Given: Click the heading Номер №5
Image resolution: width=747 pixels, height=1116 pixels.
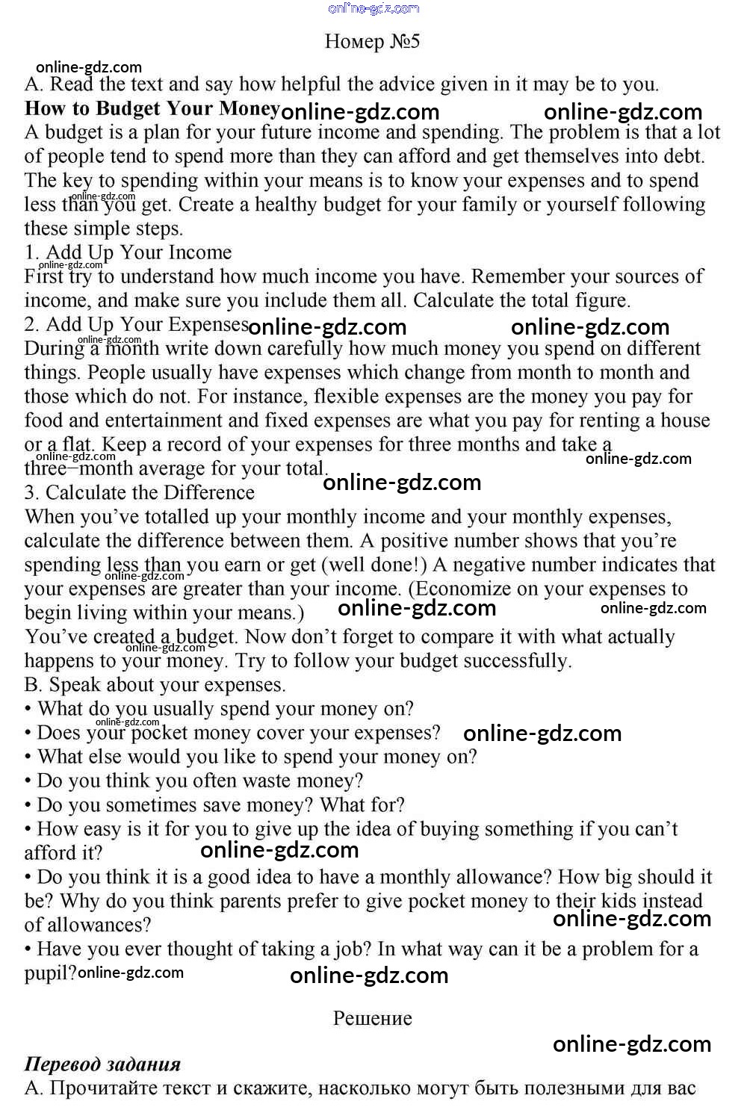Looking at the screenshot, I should tap(372, 41).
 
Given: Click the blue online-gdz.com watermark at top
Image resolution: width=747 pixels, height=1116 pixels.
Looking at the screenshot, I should tap(373, 8).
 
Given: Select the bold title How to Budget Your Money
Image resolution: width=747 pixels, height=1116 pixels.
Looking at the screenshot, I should tap(152, 108).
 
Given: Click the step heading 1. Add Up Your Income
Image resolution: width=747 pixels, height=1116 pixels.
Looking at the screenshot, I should tap(128, 252).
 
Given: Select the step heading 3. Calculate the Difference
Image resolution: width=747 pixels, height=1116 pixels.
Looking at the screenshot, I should tap(140, 493).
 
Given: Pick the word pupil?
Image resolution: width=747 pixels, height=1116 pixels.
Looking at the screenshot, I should tap(50, 973).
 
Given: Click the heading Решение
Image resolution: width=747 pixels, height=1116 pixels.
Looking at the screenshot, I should tap(372, 1018).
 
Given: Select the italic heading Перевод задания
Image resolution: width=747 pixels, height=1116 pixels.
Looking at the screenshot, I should tap(102, 1064).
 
